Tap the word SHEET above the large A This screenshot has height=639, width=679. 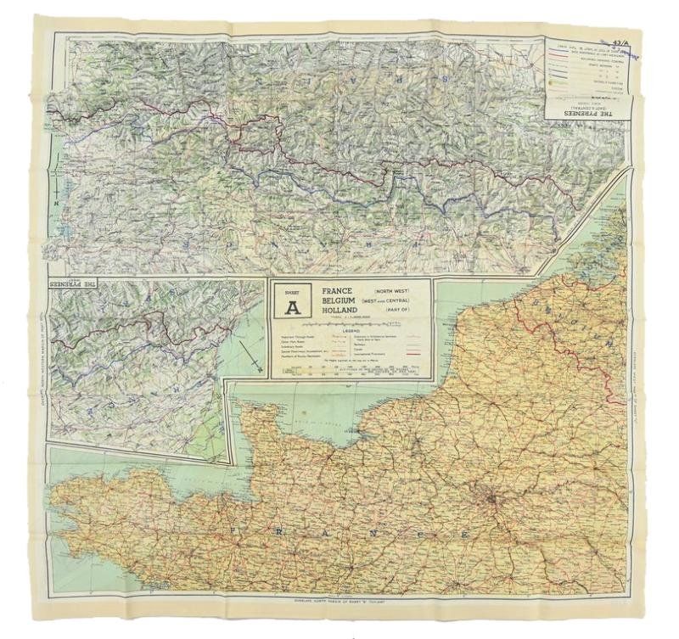coord(289,291)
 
